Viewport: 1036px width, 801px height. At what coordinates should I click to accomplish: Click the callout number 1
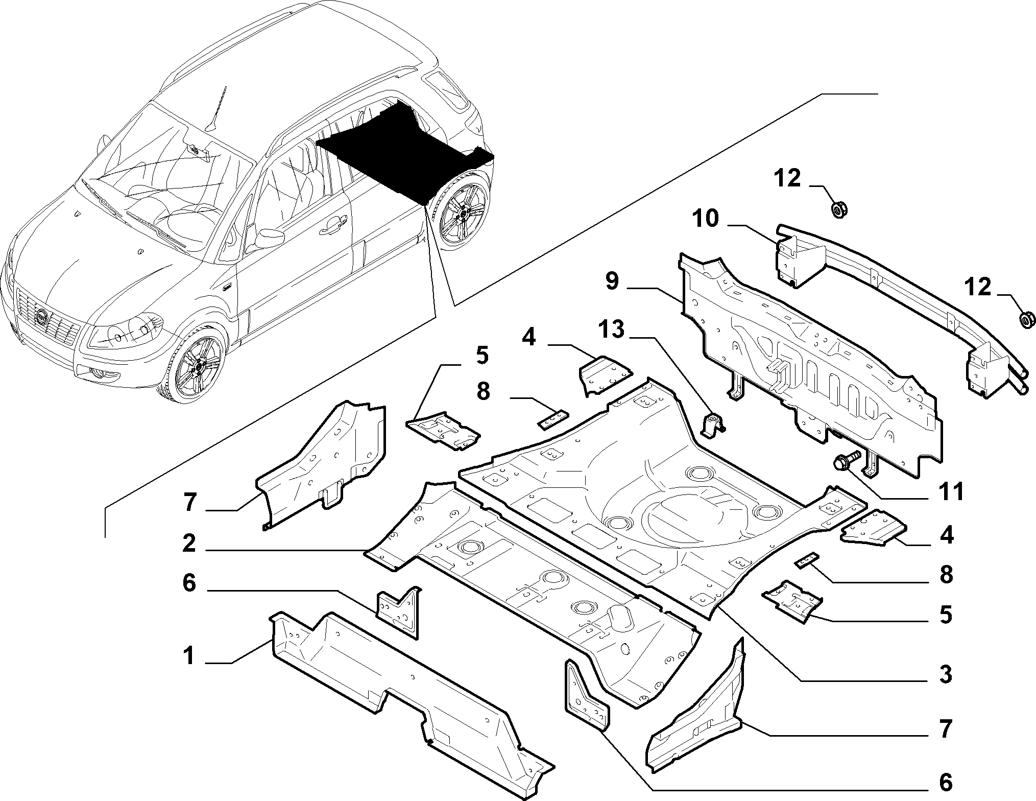tap(189, 655)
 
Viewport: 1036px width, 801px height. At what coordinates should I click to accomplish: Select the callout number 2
tap(189, 543)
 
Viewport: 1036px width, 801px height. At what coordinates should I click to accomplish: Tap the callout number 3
tap(946, 675)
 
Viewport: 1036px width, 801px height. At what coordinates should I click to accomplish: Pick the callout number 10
tap(705, 219)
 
